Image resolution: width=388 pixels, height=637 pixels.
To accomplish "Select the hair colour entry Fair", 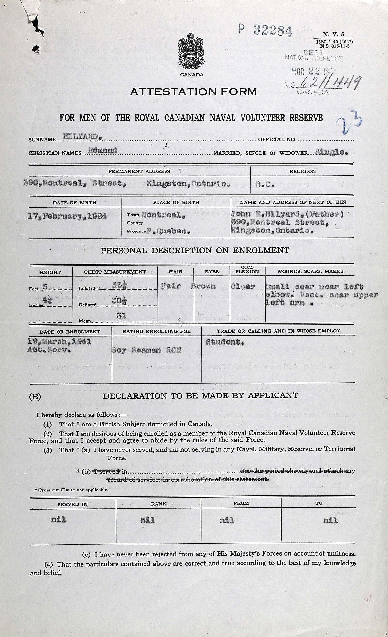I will click(x=171, y=286).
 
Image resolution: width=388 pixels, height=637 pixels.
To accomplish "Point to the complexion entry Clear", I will click(x=243, y=286).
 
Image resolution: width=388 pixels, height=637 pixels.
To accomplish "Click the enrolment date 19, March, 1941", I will click(x=59, y=341).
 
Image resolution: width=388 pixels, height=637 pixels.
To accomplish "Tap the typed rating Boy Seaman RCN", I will click(x=146, y=350).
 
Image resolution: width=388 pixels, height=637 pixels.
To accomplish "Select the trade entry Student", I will click(x=224, y=342).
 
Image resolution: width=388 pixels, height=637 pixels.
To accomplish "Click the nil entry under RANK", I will click(x=147, y=520).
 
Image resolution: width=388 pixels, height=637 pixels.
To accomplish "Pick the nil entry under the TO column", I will click(x=330, y=520).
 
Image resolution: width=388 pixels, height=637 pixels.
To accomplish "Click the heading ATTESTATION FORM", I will click(x=193, y=92).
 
